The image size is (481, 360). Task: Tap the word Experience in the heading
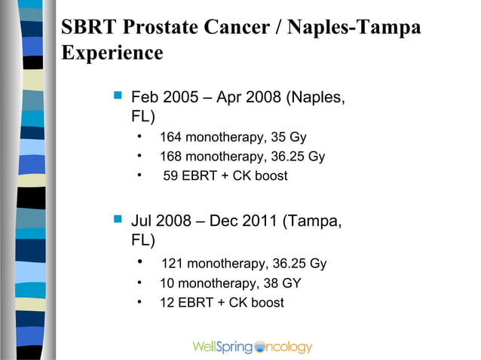click(x=112, y=53)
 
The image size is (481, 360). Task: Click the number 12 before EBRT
click(x=167, y=303)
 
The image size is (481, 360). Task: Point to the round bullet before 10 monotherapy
click(x=140, y=283)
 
